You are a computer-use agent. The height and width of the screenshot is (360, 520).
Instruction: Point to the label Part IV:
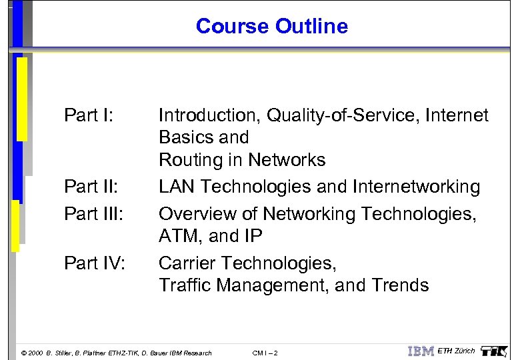coord(94,263)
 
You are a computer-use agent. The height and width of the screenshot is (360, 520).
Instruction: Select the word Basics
coord(185,137)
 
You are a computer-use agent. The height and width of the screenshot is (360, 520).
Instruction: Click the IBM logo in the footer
coord(421,351)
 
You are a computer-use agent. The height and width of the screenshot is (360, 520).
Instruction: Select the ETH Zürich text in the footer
coord(456,351)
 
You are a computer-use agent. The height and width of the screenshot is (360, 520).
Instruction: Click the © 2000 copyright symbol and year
coord(32,353)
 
